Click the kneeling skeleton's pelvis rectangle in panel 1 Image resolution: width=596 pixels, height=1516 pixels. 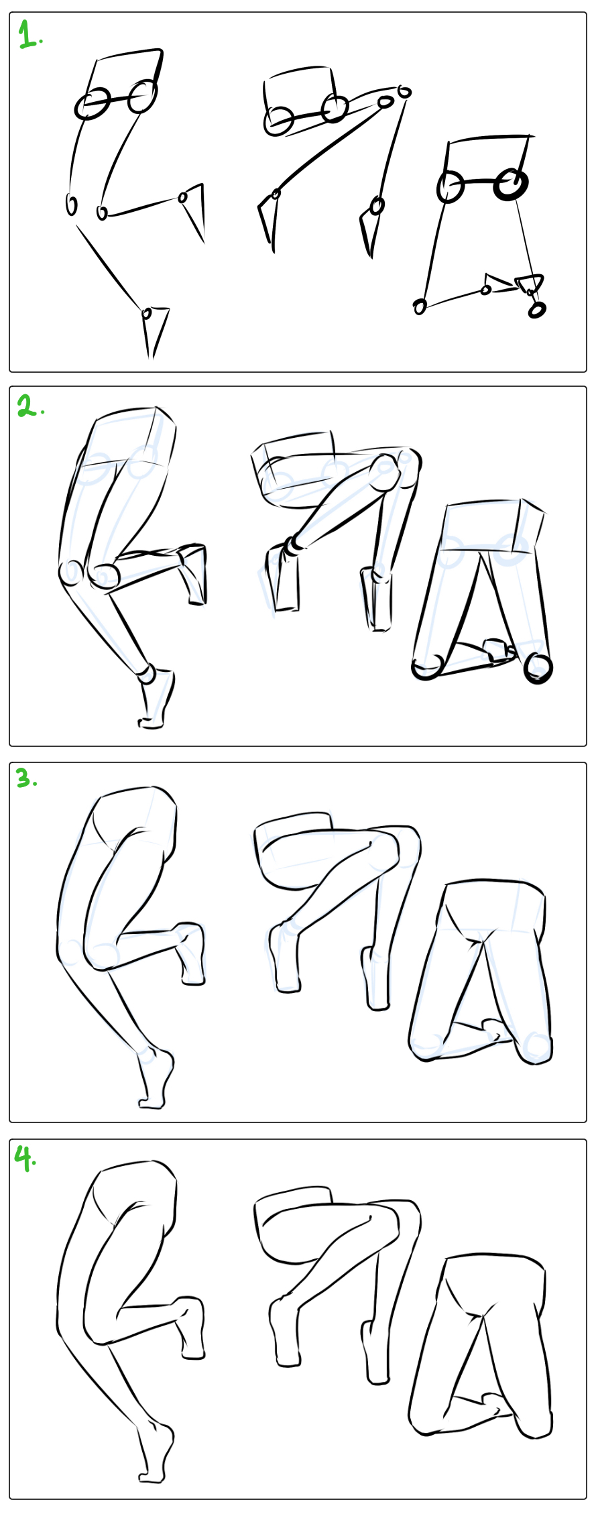pos(487,160)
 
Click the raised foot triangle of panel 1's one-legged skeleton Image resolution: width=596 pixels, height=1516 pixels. pos(194,211)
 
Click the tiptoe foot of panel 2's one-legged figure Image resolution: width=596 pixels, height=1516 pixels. pos(156,697)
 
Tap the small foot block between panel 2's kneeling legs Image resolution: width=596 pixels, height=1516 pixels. pos(497,650)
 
